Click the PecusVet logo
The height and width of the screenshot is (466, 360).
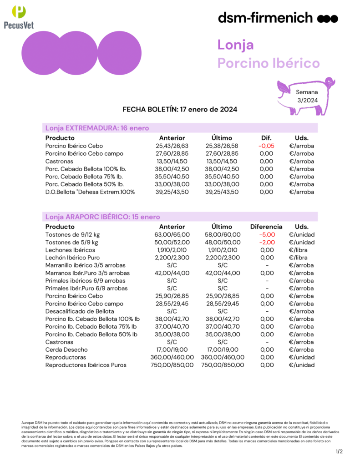click(19, 17)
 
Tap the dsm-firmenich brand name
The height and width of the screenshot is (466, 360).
click(265, 18)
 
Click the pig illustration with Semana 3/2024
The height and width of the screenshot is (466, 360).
click(306, 96)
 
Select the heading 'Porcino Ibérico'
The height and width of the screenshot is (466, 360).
click(269, 63)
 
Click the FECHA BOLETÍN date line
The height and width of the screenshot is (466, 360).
click(180, 110)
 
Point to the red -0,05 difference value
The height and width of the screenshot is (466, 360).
click(266, 146)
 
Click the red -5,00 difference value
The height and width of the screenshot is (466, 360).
click(266, 235)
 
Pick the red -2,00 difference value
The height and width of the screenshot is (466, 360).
click(266, 243)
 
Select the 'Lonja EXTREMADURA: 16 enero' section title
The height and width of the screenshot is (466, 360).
click(97, 128)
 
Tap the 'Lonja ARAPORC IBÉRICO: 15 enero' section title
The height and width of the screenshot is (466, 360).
click(102, 217)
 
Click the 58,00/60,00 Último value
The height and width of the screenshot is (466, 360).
click(222, 235)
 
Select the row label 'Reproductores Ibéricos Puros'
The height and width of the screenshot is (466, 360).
click(86, 365)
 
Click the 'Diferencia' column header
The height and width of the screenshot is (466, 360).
click(266, 227)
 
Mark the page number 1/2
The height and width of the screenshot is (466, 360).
click(339, 451)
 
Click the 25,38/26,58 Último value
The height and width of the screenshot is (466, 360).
click(222, 146)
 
